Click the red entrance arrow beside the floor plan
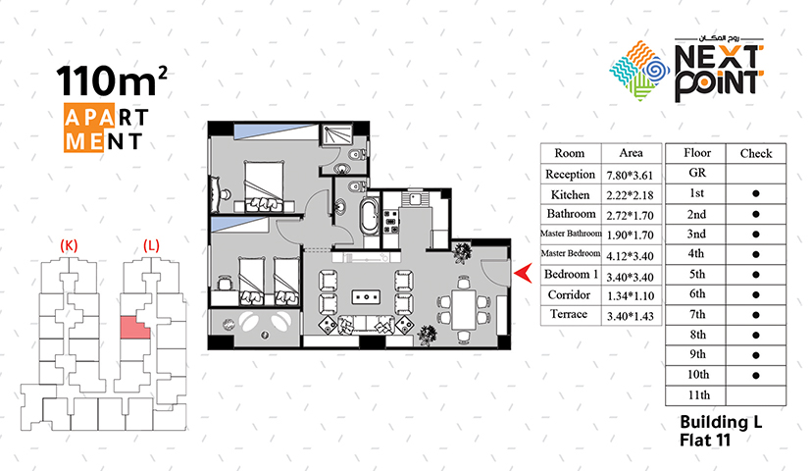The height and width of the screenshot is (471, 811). pos(525,273)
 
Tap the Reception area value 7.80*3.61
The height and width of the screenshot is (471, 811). pos(630,175)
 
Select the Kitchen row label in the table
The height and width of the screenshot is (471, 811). pos(570,194)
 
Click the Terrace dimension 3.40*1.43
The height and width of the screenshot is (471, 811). pos(630,316)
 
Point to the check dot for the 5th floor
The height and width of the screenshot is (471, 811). pos(756,275)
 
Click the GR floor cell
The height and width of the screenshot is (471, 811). pos(696,173)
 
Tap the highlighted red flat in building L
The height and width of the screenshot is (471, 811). pos(134,328)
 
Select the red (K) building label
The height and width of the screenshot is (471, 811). pos(69,244)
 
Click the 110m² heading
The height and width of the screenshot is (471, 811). pos(112,80)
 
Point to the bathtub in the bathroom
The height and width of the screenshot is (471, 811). pos(370,216)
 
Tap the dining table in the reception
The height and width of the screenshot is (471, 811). pos(464,309)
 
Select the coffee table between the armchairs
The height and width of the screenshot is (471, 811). pos(366,297)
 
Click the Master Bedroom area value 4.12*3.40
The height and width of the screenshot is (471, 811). pos(630,256)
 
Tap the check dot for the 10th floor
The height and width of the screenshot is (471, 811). pos(756,376)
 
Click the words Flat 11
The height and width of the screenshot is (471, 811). pos(704,441)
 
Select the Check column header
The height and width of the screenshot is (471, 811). pos(756,153)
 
